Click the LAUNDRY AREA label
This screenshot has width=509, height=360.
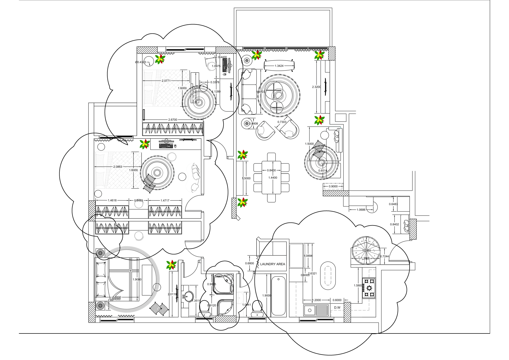pos(273,264)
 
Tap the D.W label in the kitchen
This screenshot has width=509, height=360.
pos(337,307)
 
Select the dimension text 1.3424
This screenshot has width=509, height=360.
pos(279,66)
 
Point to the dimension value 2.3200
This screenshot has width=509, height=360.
pos(316,87)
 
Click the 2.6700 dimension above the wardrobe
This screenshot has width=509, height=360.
pos(173,120)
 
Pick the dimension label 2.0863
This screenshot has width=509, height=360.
pos(118,167)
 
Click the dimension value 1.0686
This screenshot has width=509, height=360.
pos(361,210)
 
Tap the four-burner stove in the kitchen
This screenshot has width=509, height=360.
pos(369,288)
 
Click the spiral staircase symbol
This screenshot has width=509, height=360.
pos(366,250)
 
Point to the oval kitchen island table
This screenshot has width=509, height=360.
pos(328,276)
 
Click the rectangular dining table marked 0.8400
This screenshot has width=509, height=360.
pos(271,177)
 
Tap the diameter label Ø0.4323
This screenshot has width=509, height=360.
pos(141,62)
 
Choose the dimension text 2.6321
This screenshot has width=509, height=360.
pos(312,273)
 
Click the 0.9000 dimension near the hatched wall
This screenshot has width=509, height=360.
pos(333,186)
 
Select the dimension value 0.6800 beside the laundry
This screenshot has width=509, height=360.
pos(249,263)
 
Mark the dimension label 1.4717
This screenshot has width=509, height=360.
pos(165,200)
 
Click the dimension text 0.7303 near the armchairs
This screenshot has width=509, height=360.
pos(282,122)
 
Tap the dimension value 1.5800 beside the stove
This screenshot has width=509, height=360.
pos(358,285)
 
